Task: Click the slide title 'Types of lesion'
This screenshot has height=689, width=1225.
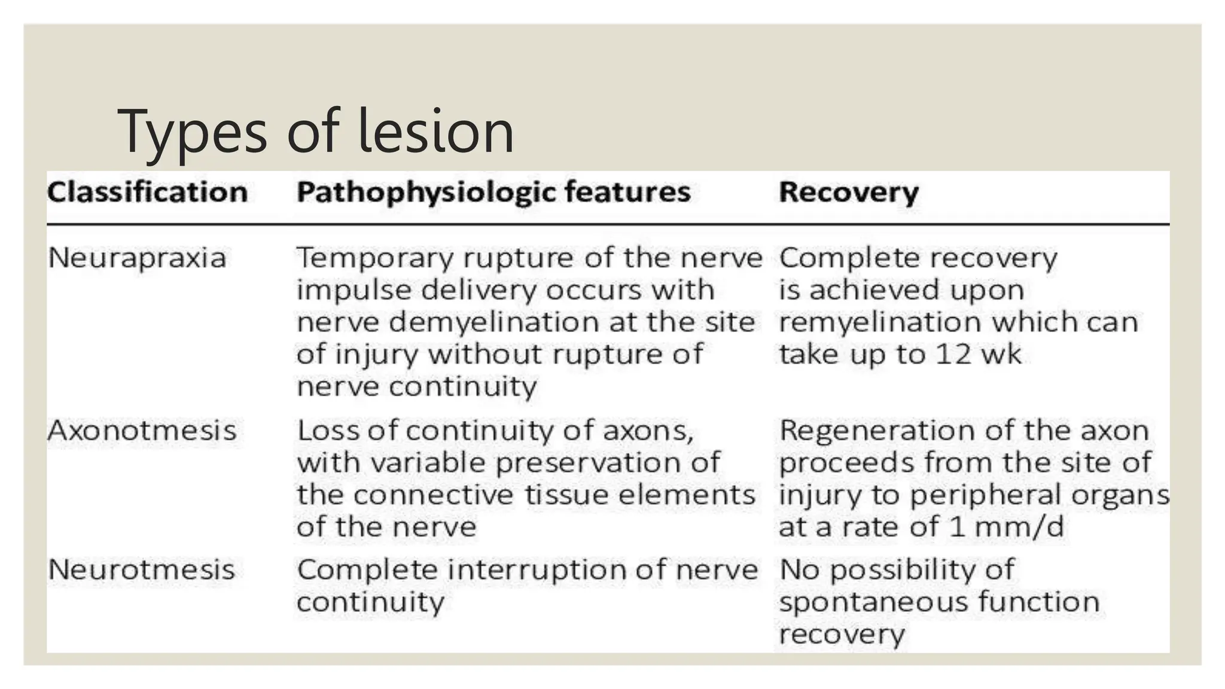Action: click(315, 132)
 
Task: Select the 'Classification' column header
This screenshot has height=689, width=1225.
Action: click(147, 193)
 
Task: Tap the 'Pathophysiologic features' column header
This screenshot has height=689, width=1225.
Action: click(493, 193)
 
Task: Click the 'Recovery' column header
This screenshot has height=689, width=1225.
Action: click(848, 193)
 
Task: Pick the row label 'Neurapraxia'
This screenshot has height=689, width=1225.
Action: click(137, 258)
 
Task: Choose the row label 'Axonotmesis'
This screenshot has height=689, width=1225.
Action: click(142, 431)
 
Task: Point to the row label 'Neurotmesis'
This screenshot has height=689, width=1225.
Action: click(141, 569)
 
